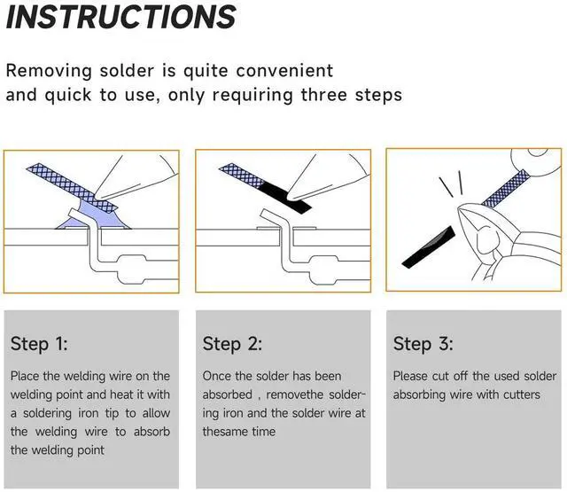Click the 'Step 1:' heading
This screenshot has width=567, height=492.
[x=39, y=344]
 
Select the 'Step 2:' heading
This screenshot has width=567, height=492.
[x=232, y=344]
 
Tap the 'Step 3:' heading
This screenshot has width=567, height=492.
[x=423, y=344]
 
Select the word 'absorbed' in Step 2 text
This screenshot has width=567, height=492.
[x=228, y=394]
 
